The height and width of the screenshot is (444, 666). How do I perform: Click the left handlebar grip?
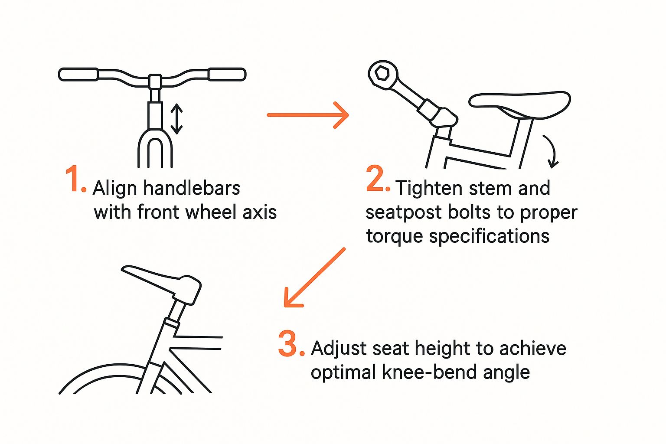78,74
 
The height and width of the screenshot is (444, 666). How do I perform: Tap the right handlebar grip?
227,74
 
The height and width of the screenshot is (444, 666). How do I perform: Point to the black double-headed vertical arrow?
176,119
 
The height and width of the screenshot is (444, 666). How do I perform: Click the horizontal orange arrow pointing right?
308,115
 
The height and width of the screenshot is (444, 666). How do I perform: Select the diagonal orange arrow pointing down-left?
314,277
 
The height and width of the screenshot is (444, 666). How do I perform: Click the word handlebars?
192,188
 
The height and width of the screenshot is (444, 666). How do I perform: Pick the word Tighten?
430,188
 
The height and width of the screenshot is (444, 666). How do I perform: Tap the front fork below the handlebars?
155,148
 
